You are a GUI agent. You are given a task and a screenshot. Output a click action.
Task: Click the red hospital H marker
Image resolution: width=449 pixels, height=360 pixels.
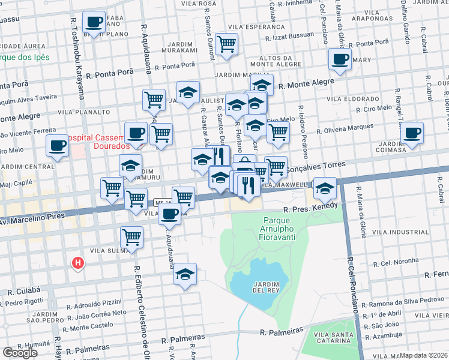77,263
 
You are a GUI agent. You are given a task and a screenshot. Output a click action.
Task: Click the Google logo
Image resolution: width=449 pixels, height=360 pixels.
20,353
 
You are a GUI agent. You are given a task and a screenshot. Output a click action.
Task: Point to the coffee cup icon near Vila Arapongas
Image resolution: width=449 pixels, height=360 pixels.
340,59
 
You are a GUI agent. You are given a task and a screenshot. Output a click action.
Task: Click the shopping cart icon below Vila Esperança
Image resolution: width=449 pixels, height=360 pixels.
226,44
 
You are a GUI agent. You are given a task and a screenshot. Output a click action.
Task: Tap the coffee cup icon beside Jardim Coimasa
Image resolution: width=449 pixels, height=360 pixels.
412,133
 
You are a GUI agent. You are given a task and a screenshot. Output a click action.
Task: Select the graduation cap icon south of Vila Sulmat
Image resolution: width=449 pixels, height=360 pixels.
185,274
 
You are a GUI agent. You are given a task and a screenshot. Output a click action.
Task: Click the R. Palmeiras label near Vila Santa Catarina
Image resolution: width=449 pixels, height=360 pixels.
280,332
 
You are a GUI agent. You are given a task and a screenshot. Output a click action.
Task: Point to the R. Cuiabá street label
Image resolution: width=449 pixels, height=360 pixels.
23,292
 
